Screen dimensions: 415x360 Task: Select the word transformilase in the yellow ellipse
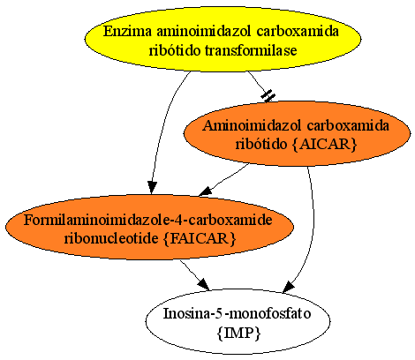point(251,50)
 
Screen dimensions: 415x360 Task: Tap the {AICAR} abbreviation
point(325,144)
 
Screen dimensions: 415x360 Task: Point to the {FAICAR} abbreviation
point(200,238)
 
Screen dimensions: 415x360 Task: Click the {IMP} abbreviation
point(238,334)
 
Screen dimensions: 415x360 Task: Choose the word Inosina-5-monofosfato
point(238,313)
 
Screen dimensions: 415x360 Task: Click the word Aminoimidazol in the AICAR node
point(252,125)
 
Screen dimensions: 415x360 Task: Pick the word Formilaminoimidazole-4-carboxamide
point(148,220)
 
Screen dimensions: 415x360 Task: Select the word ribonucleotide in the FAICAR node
point(111,238)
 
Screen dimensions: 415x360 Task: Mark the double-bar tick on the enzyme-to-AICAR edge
point(268,96)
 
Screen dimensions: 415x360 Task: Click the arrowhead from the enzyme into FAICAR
point(152,188)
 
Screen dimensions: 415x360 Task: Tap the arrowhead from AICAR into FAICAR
point(206,191)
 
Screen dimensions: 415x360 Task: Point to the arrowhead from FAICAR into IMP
point(203,284)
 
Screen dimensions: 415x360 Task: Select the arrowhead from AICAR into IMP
point(288,288)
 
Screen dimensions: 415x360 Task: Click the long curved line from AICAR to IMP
point(313,223)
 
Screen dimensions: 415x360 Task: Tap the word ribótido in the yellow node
point(175,50)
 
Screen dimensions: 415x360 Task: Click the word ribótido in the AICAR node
point(261,144)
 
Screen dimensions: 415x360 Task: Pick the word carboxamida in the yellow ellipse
point(298,31)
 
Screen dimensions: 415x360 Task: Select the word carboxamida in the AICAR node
point(348,125)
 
